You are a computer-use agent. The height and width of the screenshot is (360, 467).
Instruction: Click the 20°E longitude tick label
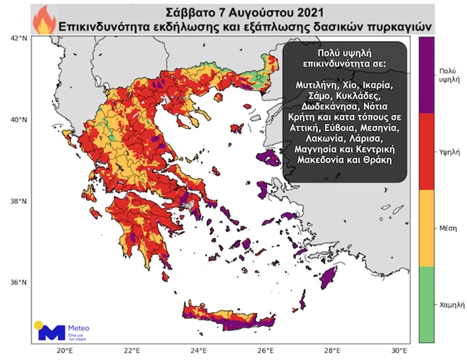click(64, 350)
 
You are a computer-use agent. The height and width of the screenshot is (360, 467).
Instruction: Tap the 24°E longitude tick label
click(198, 350)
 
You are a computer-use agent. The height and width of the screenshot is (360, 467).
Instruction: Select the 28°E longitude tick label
click(333, 350)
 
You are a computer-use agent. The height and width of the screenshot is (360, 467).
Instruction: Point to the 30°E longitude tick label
click(399, 350)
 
